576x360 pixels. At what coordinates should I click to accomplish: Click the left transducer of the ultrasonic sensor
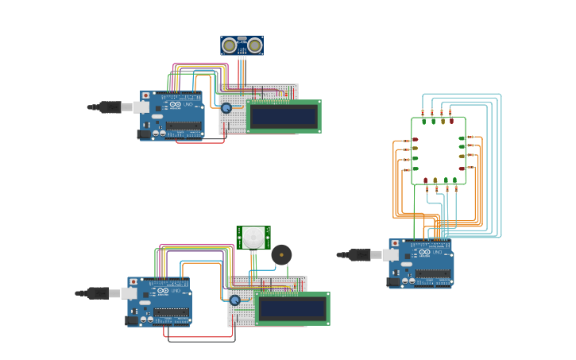pos(230,45)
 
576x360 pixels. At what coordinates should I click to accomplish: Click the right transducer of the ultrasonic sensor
pos(254,45)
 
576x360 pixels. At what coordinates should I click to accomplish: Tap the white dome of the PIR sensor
pos(253,237)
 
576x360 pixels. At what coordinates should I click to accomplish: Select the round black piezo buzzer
pos(281,255)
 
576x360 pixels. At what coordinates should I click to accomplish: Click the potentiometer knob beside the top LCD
pos(226,108)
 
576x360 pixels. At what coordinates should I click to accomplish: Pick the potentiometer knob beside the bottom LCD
pos(234,300)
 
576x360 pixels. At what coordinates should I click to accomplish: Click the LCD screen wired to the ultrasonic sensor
pos(284,117)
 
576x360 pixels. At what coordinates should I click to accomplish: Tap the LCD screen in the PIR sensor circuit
pos(292,309)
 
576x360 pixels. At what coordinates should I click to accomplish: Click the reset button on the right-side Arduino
pos(394,243)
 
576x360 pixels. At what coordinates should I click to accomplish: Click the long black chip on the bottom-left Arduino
pos(172,312)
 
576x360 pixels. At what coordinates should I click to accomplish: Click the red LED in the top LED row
pos(452,122)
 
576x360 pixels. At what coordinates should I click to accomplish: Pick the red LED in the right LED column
pos(462,168)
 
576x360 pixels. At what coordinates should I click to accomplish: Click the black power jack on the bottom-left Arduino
pos(132,320)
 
